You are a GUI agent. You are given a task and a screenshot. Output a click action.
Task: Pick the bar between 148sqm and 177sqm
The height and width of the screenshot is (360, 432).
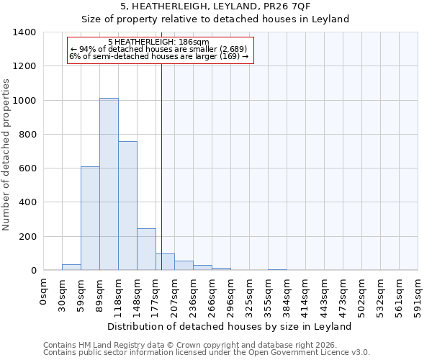tap(146, 249)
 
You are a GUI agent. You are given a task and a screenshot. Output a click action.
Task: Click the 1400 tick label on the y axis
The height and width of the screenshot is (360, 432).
tap(24, 32)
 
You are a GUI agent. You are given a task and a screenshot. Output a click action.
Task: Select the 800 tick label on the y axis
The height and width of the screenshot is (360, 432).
tap(27, 135)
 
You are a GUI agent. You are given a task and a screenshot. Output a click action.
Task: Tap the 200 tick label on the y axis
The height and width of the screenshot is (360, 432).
tap(27, 237)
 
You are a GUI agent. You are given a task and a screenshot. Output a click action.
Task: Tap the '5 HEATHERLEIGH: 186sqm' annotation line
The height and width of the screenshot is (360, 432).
tap(158, 42)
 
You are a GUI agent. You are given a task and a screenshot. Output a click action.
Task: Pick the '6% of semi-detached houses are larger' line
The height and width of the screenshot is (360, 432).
tap(159, 56)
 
